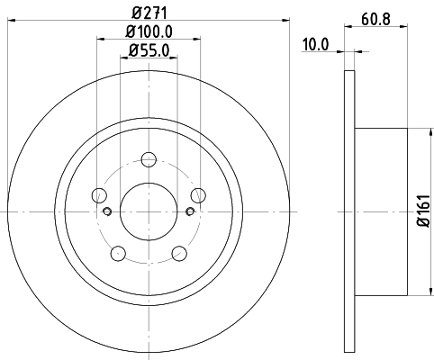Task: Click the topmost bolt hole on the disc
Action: (149, 160)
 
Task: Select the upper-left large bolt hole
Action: (99, 195)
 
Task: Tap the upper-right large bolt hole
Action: (198, 195)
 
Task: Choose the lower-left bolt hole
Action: (119, 255)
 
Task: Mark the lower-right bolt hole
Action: (179, 255)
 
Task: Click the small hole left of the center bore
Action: (107, 212)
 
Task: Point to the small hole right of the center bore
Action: (189, 212)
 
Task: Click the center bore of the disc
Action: (149, 211)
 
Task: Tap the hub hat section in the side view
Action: (382, 211)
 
